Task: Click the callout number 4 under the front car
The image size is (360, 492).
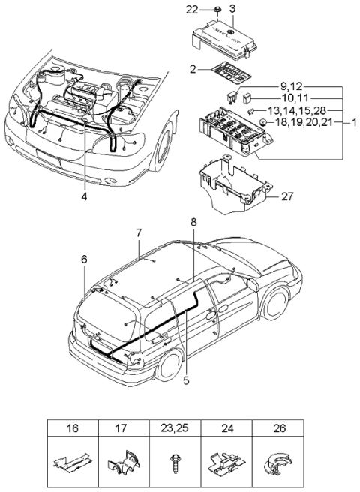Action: pos(85,197)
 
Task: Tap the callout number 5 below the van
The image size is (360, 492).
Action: pos(186,380)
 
